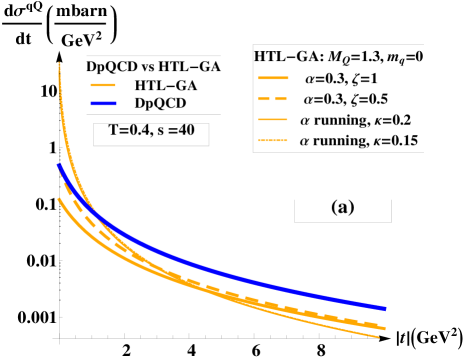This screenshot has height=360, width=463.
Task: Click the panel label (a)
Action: coord(342,209)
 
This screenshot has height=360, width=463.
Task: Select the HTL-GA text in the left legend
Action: coord(165,85)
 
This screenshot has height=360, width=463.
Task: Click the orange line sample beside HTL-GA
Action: coord(105,85)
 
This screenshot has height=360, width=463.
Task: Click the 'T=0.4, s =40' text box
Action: coord(152,134)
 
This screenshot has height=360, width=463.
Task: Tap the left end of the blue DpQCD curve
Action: coord(59,165)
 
